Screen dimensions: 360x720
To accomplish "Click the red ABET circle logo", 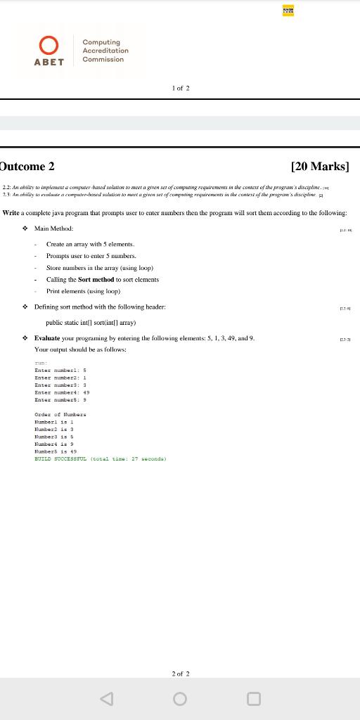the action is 49,46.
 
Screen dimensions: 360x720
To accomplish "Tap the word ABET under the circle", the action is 49,62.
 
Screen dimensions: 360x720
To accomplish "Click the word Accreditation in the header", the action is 105,51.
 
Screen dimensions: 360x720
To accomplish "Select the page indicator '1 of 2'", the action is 181,89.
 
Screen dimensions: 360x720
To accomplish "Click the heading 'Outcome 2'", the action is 28,167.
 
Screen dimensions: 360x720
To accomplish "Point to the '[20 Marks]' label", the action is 319,167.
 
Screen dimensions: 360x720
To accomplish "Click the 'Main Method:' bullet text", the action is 53,229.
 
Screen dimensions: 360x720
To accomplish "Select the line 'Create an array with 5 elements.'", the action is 90,244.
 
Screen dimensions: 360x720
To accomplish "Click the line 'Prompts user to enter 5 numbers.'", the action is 91,256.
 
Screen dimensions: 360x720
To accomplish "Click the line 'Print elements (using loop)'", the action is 83,291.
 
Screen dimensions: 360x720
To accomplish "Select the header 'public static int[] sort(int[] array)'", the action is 91,322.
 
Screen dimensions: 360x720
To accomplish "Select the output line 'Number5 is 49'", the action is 56,451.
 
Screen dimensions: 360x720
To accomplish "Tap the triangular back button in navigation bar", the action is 106,699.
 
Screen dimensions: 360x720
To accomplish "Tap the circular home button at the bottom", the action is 180,699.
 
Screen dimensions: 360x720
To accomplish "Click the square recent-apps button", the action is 254,699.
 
